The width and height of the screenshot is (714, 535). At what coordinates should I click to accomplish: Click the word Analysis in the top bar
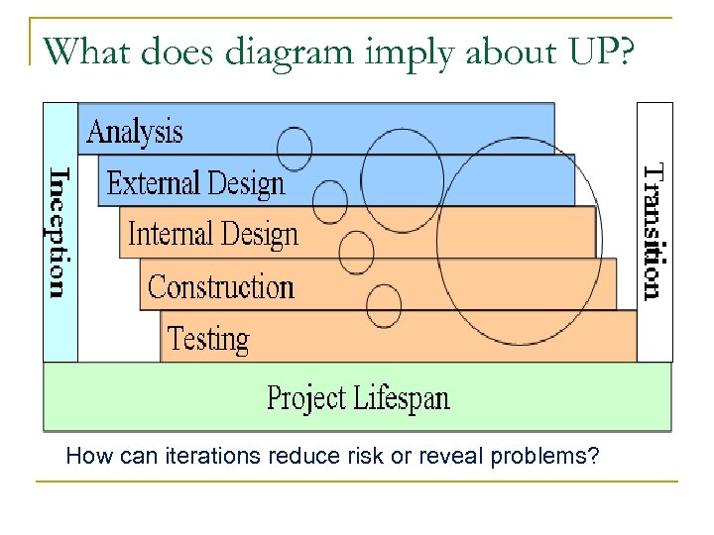tap(135, 132)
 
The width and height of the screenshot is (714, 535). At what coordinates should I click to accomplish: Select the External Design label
tap(195, 183)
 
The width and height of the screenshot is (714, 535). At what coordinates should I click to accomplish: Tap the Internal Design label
tap(213, 235)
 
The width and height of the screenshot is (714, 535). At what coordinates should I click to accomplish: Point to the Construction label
tap(221, 287)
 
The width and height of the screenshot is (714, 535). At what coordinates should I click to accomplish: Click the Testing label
tap(208, 339)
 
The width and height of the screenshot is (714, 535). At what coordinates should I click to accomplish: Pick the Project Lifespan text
tap(358, 399)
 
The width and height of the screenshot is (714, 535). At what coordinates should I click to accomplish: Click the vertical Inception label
tap(60, 231)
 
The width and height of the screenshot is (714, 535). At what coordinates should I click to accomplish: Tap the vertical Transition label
tap(653, 231)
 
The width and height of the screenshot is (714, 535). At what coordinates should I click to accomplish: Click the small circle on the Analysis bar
tap(294, 148)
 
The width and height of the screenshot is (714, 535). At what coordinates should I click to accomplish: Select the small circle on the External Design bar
tap(329, 202)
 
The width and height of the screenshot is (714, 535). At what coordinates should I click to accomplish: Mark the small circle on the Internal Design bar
tap(356, 252)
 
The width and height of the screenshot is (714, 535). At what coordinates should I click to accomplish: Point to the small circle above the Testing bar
tap(384, 305)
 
